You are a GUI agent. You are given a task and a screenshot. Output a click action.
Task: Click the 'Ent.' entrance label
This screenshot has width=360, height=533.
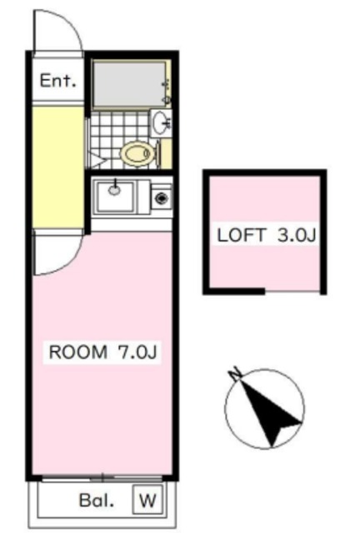pos(58,82)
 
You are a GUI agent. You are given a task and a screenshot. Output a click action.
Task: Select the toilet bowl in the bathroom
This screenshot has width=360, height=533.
pos(136,153)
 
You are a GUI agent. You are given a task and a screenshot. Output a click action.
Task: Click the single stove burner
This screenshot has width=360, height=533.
pos(160,198)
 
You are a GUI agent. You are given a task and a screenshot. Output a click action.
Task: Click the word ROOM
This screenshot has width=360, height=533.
pos(77,352)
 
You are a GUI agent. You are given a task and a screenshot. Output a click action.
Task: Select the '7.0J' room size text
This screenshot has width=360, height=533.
pos(137,352)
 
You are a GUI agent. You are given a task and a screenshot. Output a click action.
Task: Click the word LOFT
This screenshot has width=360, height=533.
pos(241,234)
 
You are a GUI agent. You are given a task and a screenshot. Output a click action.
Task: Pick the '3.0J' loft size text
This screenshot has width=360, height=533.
pos(297,234)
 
